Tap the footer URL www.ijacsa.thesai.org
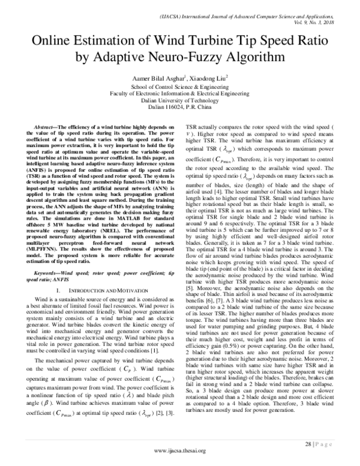(179, 455)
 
